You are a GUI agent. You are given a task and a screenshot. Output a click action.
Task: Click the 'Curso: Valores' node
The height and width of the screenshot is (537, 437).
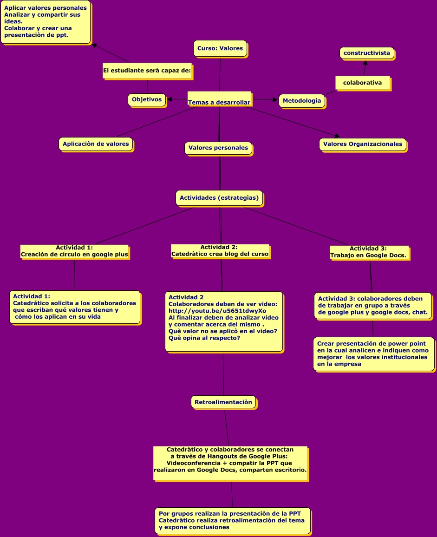click(x=220, y=48)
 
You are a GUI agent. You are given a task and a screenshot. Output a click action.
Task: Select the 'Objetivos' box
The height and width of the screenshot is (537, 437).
click(x=147, y=99)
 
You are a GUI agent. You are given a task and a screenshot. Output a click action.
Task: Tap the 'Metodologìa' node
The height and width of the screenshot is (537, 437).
click(x=302, y=101)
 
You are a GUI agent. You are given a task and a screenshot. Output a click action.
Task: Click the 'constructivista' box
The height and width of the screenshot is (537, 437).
click(x=366, y=53)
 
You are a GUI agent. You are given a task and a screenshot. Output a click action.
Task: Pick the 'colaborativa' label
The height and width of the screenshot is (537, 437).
click(x=362, y=83)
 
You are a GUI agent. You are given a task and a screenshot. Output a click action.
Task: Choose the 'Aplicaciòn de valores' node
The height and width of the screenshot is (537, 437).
click(x=96, y=144)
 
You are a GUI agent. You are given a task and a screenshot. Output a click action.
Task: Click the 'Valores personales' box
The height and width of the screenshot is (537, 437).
click(x=218, y=148)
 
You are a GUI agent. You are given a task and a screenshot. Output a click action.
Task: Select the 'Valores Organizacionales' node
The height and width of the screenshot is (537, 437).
click(x=363, y=144)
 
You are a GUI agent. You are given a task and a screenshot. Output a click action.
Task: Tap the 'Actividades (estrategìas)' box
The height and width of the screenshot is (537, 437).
click(x=220, y=198)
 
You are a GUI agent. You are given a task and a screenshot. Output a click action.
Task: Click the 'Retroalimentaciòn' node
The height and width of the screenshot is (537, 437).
click(x=223, y=402)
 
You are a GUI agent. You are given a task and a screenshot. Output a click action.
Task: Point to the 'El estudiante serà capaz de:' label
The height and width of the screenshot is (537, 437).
click(x=147, y=71)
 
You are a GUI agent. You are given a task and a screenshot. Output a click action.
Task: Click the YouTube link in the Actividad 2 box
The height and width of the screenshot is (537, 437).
click(x=217, y=311)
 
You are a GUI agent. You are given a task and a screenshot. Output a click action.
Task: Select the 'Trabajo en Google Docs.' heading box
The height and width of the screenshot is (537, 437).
click(x=369, y=252)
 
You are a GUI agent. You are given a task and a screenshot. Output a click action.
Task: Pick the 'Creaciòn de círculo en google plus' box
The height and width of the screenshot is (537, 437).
click(x=74, y=251)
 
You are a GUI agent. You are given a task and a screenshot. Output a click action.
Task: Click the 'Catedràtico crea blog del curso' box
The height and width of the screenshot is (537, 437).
click(x=220, y=251)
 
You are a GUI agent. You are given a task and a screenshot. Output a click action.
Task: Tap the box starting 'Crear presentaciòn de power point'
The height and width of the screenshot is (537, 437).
click(x=373, y=354)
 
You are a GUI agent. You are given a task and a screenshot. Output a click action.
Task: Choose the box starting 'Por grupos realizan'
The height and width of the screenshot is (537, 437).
click(x=232, y=520)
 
